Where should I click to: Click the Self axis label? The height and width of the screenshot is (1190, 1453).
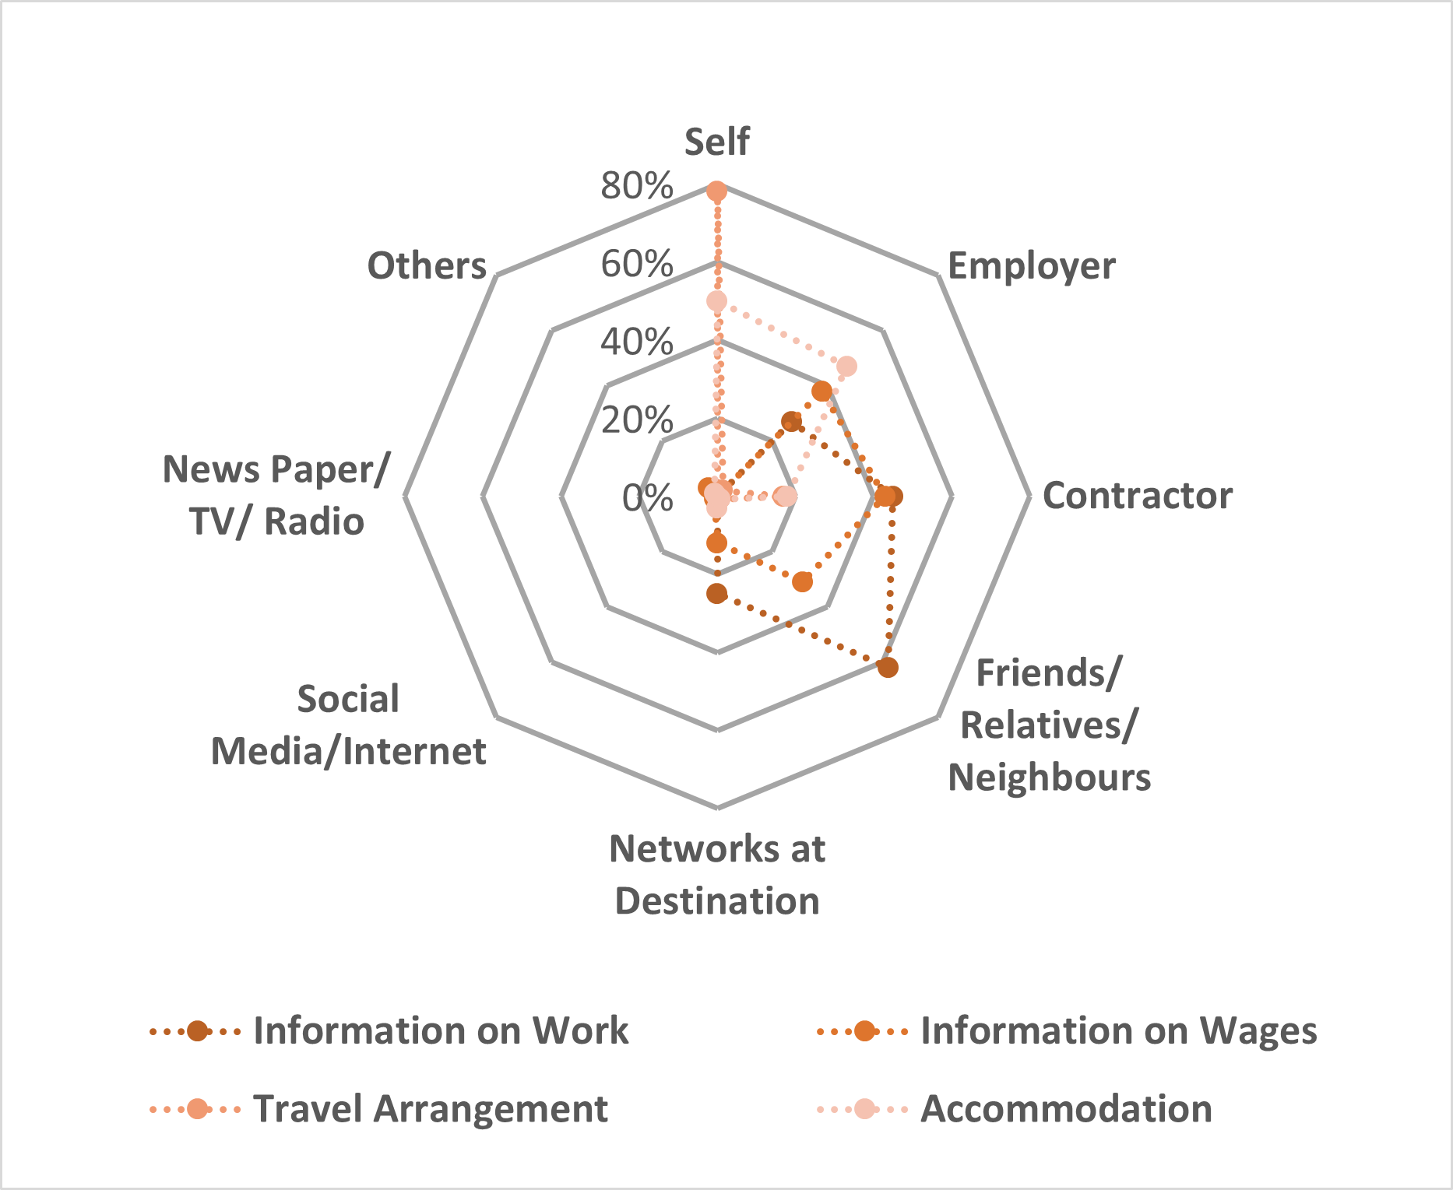click(716, 142)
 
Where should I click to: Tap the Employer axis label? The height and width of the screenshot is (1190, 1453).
click(1031, 266)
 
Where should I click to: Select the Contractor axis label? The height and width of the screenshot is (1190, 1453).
click(1137, 496)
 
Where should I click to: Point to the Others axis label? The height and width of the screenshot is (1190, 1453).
click(427, 266)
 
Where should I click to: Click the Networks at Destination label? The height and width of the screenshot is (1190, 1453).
click(717, 874)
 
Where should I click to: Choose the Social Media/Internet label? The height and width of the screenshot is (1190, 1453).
click(349, 725)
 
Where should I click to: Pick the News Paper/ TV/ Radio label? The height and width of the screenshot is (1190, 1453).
click(276, 495)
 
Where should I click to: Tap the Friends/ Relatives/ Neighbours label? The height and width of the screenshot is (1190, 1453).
click(1049, 725)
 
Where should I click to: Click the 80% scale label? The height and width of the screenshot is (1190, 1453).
click(636, 186)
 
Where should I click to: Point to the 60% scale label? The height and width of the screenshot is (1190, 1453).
click(636, 264)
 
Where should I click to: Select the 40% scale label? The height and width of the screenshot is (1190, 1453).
click(636, 342)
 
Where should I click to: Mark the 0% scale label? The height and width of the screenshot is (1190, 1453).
click(647, 497)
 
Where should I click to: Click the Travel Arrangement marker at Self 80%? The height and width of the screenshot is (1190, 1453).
click(716, 191)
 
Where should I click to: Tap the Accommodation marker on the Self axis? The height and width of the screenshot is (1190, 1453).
click(716, 301)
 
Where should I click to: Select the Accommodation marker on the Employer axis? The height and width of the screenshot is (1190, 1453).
click(846, 366)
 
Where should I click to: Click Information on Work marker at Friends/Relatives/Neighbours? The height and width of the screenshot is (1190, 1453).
click(887, 667)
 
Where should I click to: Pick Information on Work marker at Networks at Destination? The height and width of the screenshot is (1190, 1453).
click(716, 594)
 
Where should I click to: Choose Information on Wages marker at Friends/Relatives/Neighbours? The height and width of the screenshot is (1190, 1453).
click(802, 581)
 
